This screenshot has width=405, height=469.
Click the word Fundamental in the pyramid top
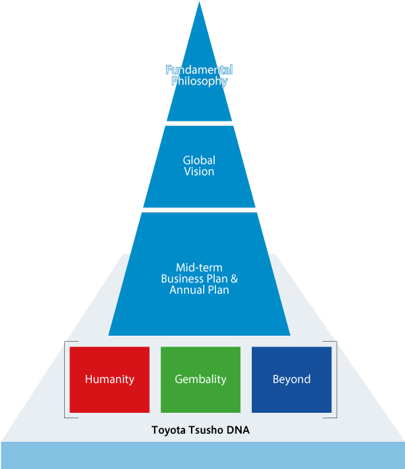point(199,70)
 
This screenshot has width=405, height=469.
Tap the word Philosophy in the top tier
point(199,81)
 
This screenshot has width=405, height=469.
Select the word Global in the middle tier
point(199,161)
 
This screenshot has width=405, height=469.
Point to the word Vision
point(199,172)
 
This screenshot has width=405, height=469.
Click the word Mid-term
point(199,268)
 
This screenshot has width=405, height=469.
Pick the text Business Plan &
point(199,279)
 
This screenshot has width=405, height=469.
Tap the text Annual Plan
point(199,291)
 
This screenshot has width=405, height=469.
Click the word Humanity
point(109,379)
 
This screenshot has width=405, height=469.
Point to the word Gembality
point(200,379)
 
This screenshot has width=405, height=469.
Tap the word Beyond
point(292,379)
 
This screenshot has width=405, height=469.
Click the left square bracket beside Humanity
point(65,380)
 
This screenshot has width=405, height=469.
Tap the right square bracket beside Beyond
point(335,380)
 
